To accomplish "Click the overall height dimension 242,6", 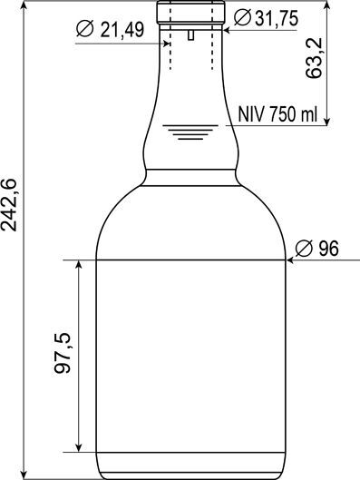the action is point(8,204).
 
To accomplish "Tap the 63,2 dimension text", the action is point(314,58).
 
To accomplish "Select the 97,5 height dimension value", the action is point(63,353).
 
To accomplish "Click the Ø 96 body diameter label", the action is point(317,248).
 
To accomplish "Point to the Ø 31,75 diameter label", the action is point(266,18).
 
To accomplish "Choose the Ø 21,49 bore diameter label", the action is point(110,30).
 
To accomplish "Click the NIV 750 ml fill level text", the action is point(277,114).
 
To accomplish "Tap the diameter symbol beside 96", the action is point(304,249).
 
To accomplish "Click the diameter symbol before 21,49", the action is point(84,29).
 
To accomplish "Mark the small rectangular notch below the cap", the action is point(191,34).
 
